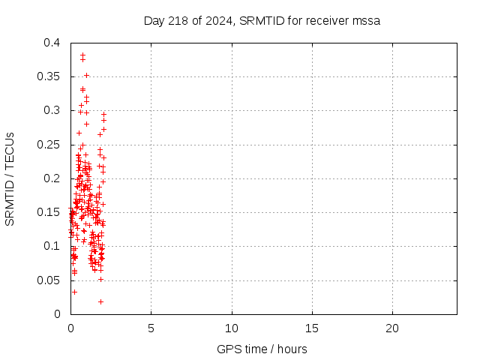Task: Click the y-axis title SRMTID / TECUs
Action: [x=10, y=178]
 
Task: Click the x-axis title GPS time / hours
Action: [x=262, y=349]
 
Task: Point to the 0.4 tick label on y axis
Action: [x=52, y=43]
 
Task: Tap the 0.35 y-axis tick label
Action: [x=49, y=76]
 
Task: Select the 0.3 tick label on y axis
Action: [x=52, y=110]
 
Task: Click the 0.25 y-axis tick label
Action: [x=49, y=144]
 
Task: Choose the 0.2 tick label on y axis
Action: [x=52, y=178]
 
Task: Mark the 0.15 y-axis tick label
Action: [x=49, y=212]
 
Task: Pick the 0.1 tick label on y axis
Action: [x=52, y=246]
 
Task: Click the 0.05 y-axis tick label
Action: [x=49, y=280]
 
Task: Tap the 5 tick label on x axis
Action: [x=151, y=328]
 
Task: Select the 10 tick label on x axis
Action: [x=232, y=328]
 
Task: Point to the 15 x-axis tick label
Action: [x=312, y=328]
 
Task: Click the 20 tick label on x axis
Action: [x=392, y=328]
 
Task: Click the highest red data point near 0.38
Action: [x=82, y=55]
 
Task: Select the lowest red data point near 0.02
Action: [x=100, y=301]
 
